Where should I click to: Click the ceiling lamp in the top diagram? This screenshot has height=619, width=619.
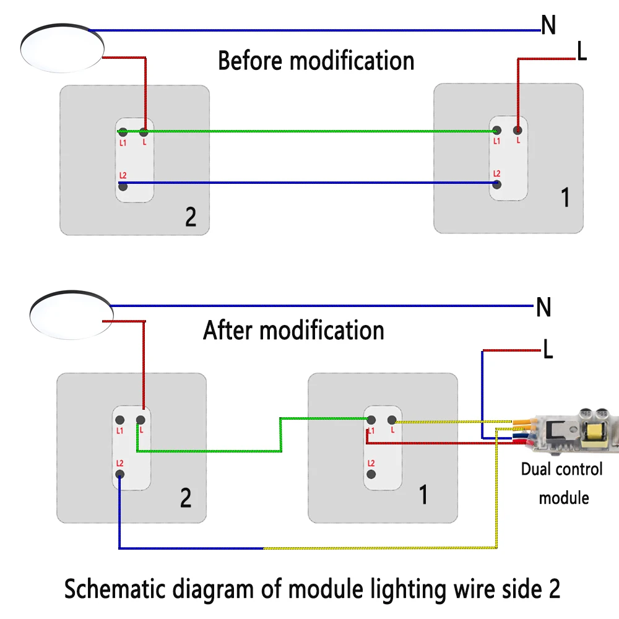tap(61, 48)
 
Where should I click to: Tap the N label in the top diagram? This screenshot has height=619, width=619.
tap(548, 25)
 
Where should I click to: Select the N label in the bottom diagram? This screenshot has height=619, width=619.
tap(543, 308)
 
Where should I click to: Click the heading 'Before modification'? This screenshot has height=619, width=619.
tap(316, 61)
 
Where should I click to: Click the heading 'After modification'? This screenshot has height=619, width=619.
tap(293, 331)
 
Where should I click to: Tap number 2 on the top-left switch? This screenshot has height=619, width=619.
tap(191, 217)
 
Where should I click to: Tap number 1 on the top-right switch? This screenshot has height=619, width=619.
tap(565, 198)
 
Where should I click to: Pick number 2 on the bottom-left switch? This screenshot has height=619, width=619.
tap(186, 498)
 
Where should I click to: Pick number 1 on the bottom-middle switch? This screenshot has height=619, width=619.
tap(423, 495)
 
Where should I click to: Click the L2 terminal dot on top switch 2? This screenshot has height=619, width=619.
tap(123, 186)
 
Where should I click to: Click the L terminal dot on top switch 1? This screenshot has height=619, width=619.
tap(517, 131)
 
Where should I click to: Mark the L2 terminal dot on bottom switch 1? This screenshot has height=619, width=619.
tap(371, 474)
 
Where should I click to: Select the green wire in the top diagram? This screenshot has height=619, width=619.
tap(309, 131)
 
